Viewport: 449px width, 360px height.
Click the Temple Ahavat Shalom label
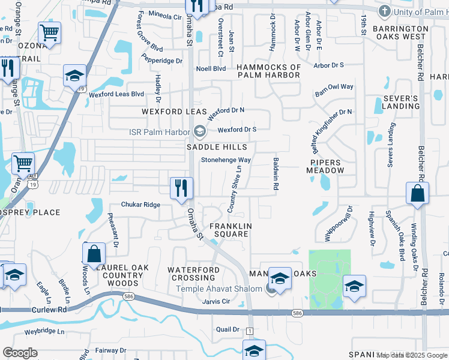click(x=219, y=289)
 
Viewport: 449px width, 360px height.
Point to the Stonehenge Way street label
click(x=226, y=160)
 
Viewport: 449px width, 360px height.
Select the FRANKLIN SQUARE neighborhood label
click(x=229, y=230)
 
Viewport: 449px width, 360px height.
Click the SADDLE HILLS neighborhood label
click(x=217, y=147)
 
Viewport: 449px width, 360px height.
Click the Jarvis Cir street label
click(x=217, y=301)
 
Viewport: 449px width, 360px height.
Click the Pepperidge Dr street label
click(x=161, y=61)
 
